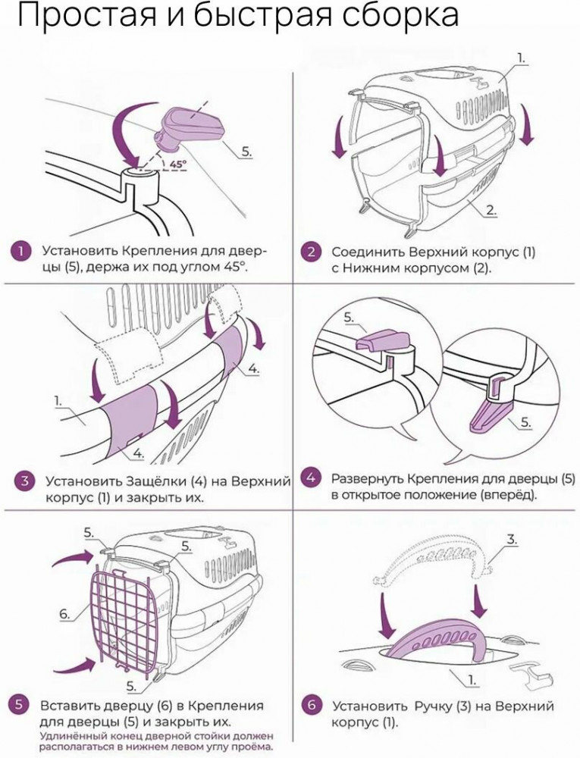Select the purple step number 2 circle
pos(312,252)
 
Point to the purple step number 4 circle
pos(311,479)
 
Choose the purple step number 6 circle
pos(312,706)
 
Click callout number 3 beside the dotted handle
pos(513,540)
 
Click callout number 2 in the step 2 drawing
pos(491,210)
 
